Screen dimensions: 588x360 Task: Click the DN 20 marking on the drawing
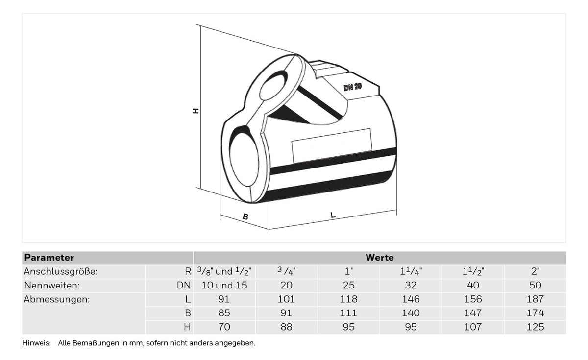tap(352, 87)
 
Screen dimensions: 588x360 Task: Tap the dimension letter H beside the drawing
tap(196, 111)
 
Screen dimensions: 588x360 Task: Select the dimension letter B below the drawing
tap(245, 216)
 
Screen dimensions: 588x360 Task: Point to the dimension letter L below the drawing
tap(333, 215)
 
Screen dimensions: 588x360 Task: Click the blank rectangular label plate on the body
tap(332, 145)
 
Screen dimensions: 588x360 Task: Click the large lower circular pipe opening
tap(244, 159)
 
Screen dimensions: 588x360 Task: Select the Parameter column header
tap(49, 258)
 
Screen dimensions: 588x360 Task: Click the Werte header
tap(380, 258)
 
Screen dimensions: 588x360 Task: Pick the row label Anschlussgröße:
tap(61, 271)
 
